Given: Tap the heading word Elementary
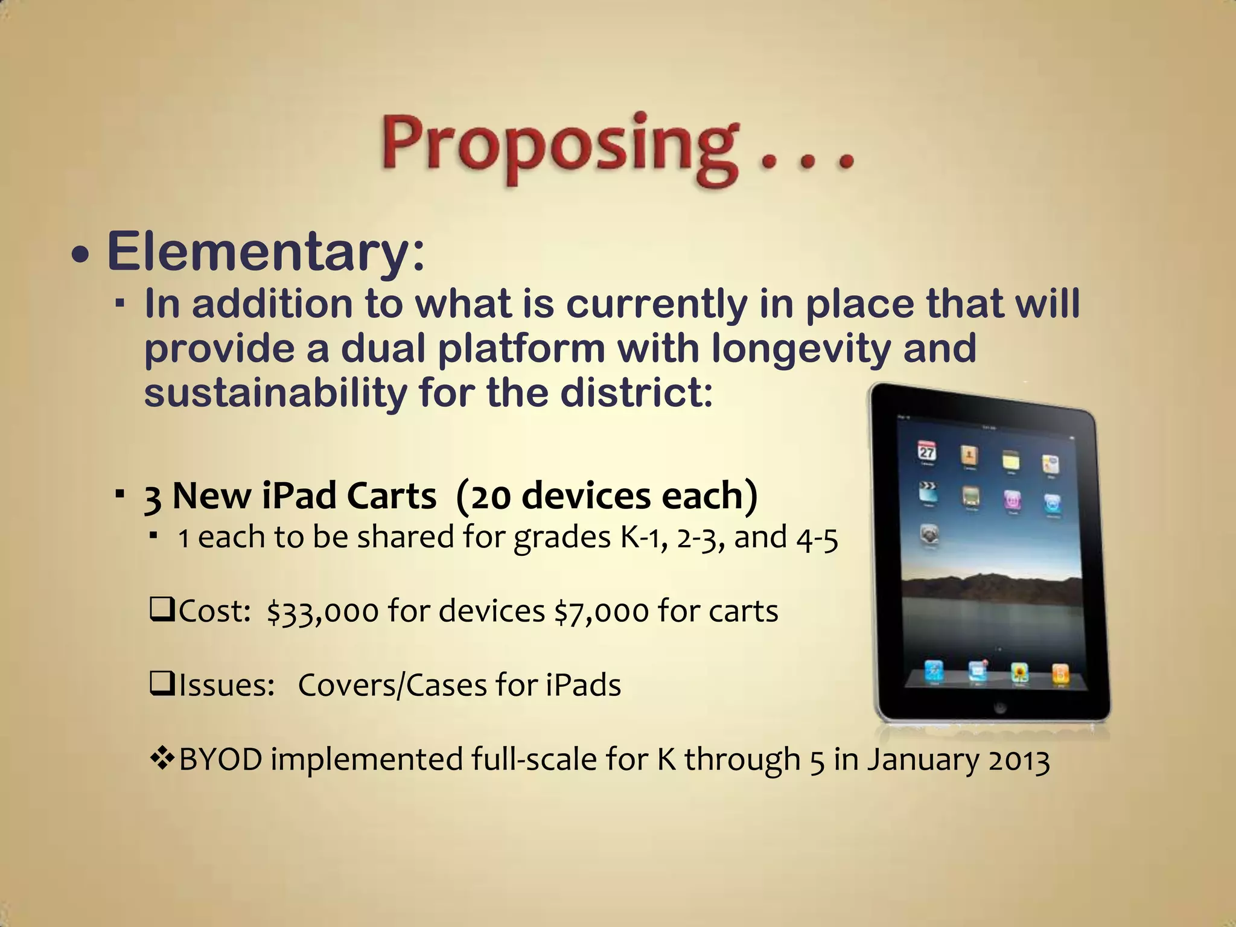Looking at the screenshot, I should (x=266, y=252).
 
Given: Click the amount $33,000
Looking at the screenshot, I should (x=323, y=611).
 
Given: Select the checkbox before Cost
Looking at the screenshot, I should (x=161, y=610).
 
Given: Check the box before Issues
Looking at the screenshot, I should (x=161, y=684).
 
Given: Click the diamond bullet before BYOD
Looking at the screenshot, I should (x=162, y=759).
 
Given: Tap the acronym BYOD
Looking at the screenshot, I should (x=221, y=759).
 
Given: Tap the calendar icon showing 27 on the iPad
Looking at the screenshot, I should (x=927, y=452).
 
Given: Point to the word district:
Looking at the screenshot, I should (x=636, y=393).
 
